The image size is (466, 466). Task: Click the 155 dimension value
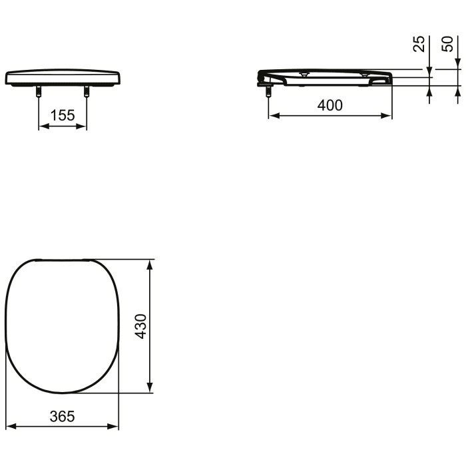coord(63,115)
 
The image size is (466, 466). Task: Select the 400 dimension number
coord(330,105)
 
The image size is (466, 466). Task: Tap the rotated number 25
coord(419,45)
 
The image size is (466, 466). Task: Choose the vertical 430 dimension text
coord(140,326)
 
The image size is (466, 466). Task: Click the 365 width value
coord(63,416)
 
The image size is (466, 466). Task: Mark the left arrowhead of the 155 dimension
coord(42,126)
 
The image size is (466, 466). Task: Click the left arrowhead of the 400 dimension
coord(272,115)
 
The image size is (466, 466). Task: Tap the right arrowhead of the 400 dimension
coord(388,115)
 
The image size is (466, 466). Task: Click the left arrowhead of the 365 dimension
coord(10,427)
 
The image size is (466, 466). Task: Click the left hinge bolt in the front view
coord(39,93)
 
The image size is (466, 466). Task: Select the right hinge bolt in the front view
coord(86,93)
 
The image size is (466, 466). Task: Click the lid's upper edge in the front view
coord(63,70)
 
